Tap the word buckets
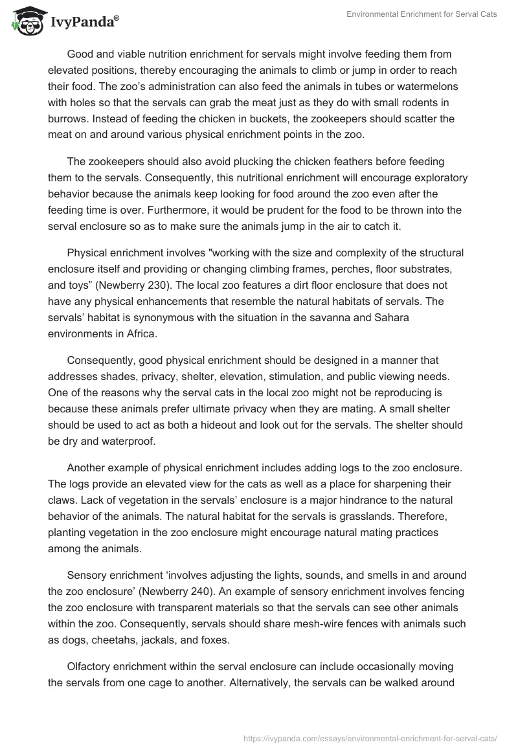pos(270,118)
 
